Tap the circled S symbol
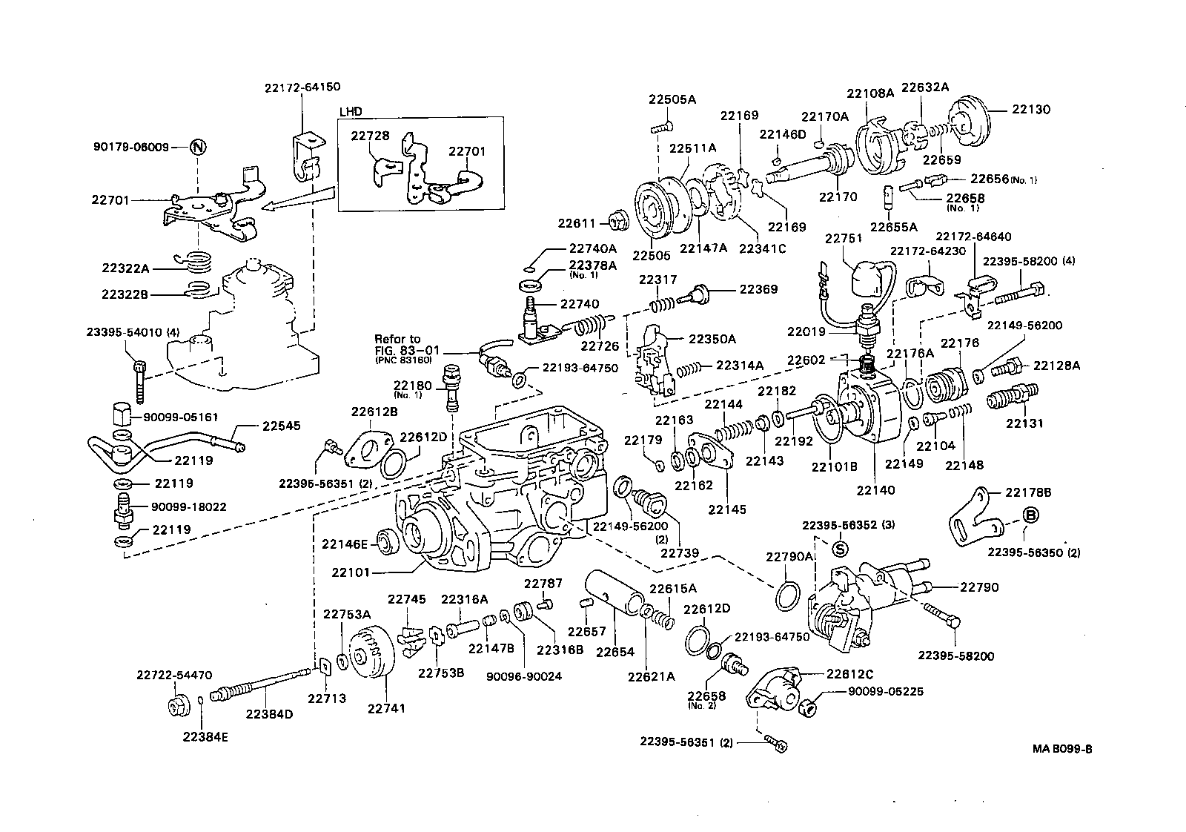point(840,549)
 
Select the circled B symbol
point(1030,515)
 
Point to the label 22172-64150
point(302,87)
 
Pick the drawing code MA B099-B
point(1062,748)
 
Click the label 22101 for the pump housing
point(351,572)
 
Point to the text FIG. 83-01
point(400,349)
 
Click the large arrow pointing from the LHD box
point(292,202)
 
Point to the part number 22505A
point(672,99)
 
